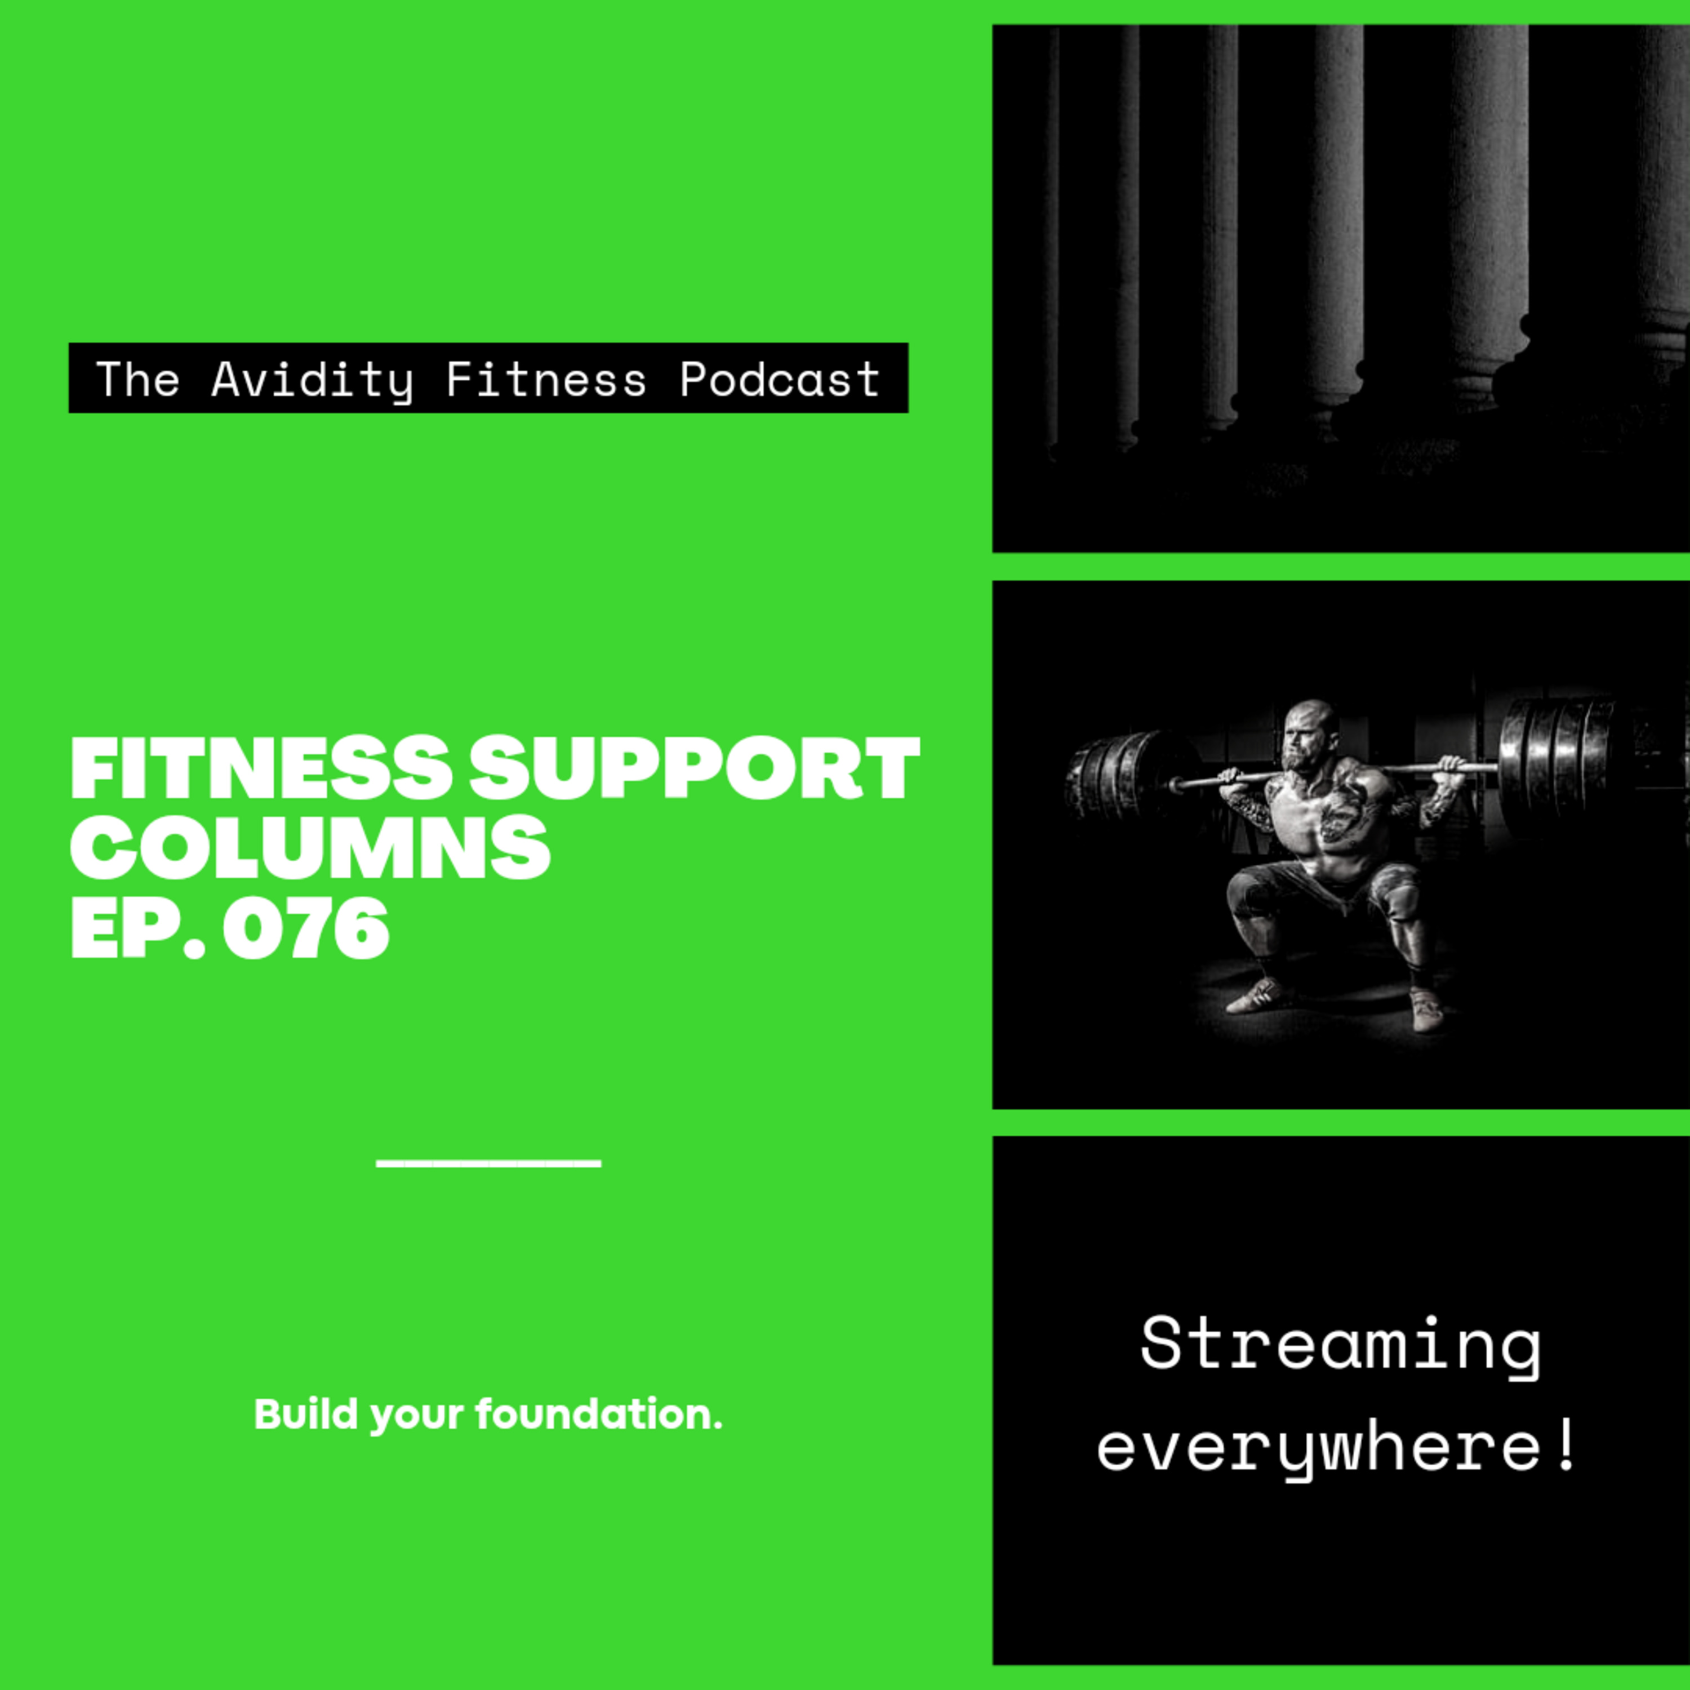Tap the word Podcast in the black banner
point(780,379)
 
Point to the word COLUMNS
point(310,848)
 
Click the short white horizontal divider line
point(488,1163)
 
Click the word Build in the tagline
point(306,1415)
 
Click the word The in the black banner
point(138,379)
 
